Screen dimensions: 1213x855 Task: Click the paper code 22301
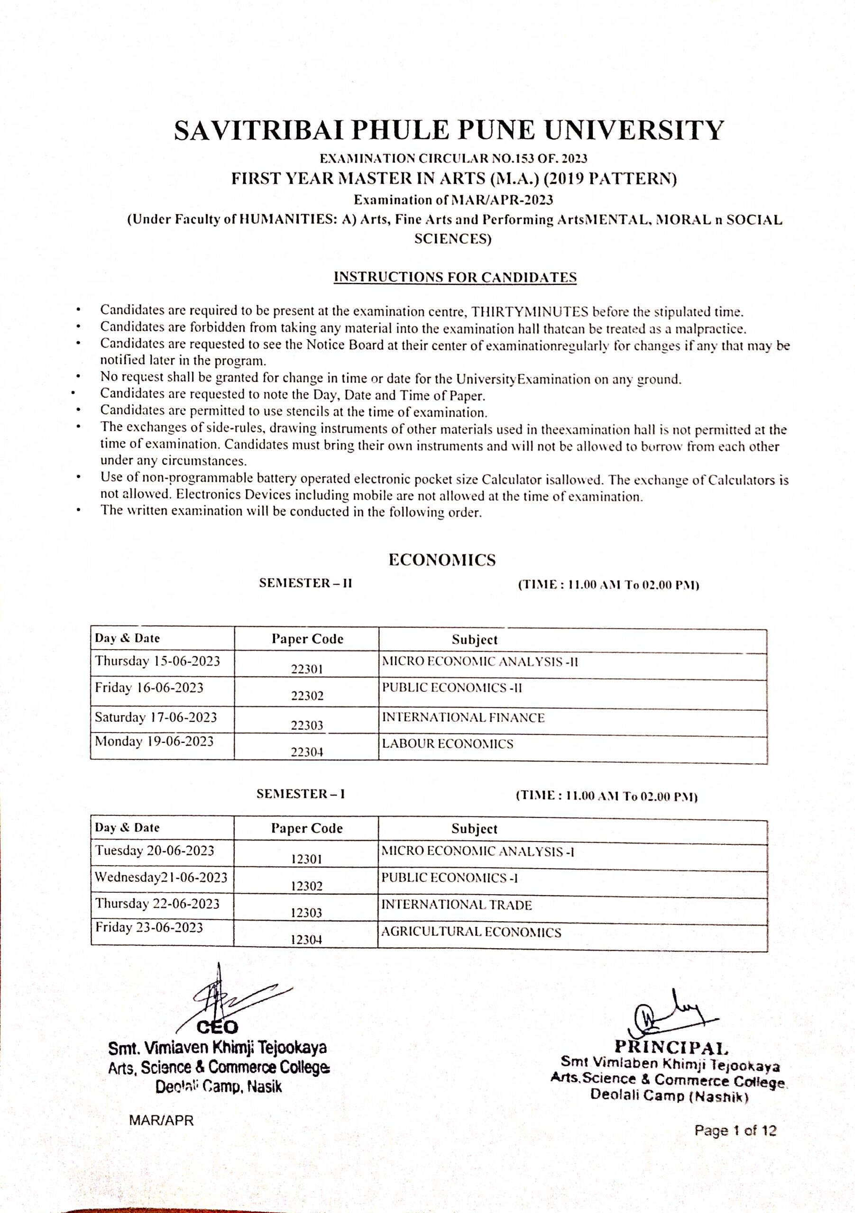(307, 669)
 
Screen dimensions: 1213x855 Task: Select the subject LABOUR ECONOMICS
(447, 744)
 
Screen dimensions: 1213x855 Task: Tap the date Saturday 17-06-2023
(156, 717)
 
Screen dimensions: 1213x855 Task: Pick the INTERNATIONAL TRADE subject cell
(456, 905)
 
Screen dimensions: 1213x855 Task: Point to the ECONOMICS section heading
(442, 560)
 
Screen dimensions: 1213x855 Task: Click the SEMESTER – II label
(305, 583)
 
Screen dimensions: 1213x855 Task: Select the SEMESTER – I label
(300, 794)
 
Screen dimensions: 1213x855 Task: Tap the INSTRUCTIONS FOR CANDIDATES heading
(455, 277)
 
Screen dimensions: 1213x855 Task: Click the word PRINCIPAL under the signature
(671, 1047)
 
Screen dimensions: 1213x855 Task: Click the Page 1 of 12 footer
(735, 1131)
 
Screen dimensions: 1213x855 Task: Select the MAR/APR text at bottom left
(161, 1120)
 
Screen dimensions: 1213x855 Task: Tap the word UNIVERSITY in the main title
(634, 130)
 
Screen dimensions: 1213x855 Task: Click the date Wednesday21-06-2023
(161, 878)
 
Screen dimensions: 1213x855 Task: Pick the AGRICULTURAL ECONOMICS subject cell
(471, 932)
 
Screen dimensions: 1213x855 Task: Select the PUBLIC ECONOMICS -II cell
(451, 688)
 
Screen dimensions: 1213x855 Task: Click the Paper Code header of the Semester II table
(307, 639)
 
